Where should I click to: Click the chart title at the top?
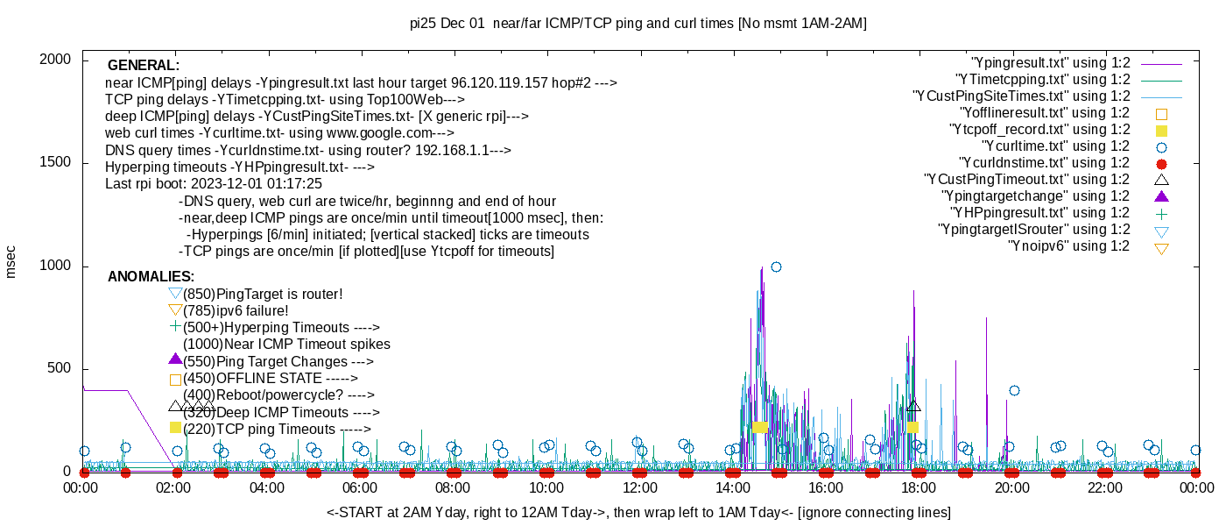(638, 24)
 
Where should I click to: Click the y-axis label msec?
(11, 261)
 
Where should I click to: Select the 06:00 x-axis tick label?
(360, 487)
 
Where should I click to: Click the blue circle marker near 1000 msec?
(776, 267)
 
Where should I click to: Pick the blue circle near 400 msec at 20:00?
(1014, 390)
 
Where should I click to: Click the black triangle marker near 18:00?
(913, 406)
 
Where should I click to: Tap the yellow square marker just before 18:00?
(912, 427)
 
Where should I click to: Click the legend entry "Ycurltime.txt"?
(1055, 146)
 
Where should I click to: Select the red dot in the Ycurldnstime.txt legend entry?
(1161, 163)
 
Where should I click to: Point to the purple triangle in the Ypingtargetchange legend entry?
(1161, 196)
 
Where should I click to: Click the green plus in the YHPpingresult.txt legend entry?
(1161, 213)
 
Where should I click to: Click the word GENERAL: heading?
(144, 66)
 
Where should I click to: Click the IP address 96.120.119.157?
(500, 83)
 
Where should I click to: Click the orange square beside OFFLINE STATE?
(175, 380)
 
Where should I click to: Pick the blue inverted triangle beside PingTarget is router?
(175, 294)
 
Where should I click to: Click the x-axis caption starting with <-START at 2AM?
(638, 512)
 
